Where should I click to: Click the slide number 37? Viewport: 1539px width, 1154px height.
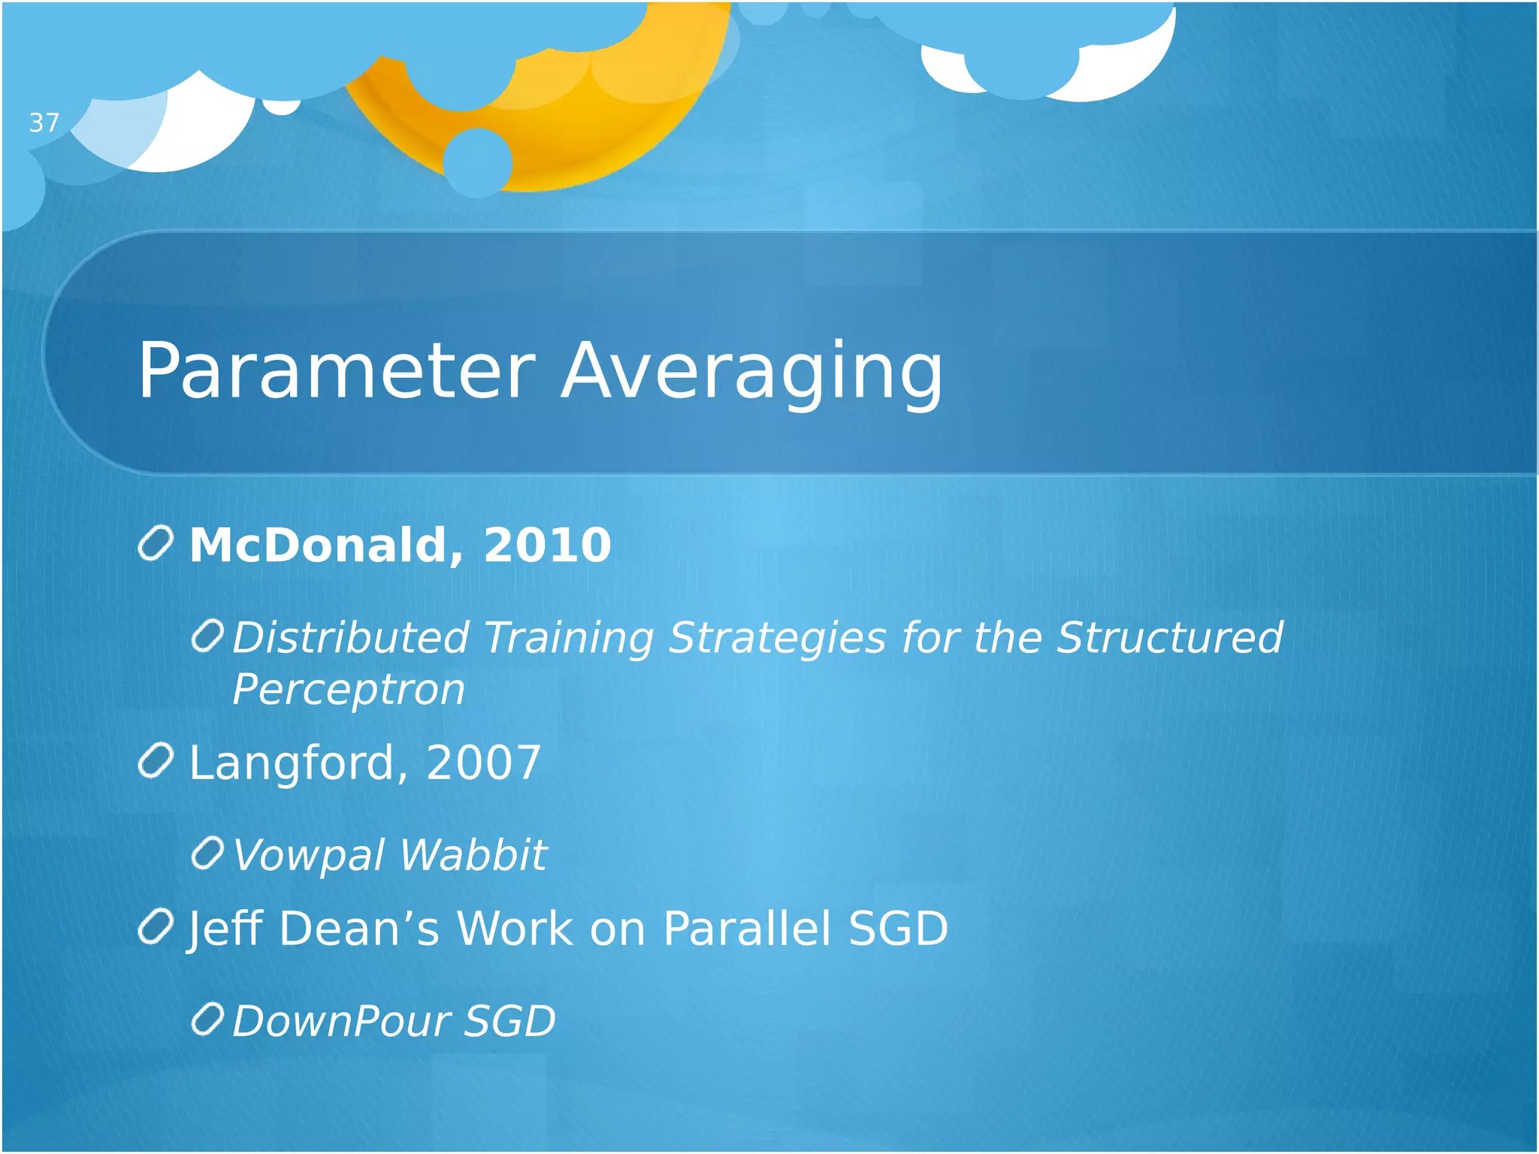coord(44,122)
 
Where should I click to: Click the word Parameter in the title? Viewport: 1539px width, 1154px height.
coord(336,370)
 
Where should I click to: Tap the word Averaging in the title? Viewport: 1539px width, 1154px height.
coord(752,370)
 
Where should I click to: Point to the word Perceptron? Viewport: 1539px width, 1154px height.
coord(349,689)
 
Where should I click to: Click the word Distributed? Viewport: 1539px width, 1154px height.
coord(351,638)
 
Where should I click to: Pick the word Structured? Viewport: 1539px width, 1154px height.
coord(1169,638)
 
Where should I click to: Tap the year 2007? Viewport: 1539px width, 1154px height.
coord(483,763)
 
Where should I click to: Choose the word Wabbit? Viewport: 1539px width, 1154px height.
coord(473,855)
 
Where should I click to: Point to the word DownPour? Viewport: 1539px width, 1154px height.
coord(341,1021)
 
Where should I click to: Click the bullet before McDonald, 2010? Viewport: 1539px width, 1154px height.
coord(156,543)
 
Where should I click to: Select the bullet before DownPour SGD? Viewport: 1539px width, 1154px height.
coord(207,1020)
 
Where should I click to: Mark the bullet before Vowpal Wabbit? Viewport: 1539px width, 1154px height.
coord(207,853)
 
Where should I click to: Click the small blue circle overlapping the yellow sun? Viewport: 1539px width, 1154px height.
coord(478,162)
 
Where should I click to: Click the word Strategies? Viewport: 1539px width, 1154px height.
coord(778,638)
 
